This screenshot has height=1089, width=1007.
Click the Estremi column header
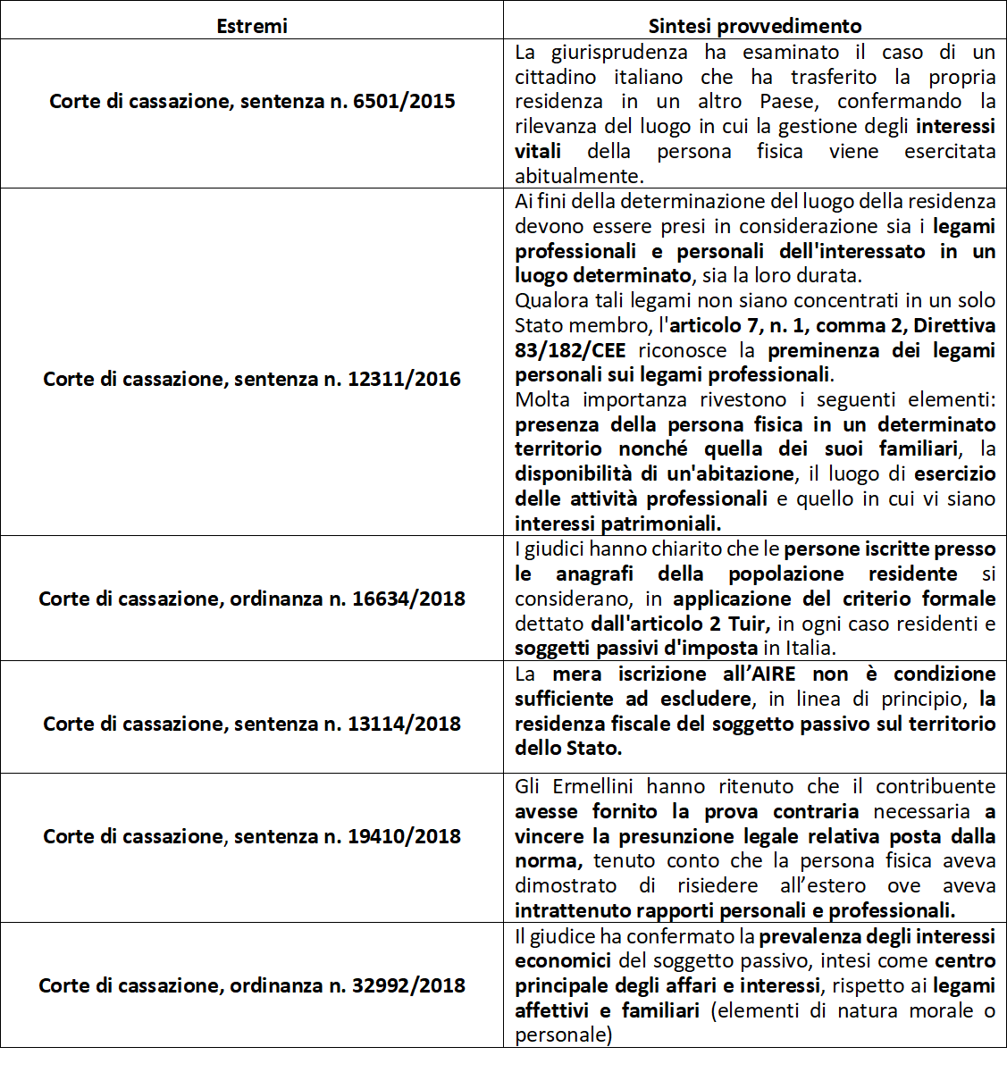pyautogui.click(x=252, y=26)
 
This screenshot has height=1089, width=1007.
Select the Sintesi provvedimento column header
pyautogui.click(x=755, y=26)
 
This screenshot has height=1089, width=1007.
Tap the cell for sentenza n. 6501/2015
pyautogui.click(x=252, y=101)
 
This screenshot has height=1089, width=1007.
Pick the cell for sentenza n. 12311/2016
pyautogui.click(x=252, y=379)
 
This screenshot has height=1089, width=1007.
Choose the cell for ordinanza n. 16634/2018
pyautogui.click(x=252, y=599)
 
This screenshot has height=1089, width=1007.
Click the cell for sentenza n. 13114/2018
pyautogui.click(x=252, y=724)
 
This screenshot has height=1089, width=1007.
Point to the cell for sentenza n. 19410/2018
pyautogui.click(x=252, y=836)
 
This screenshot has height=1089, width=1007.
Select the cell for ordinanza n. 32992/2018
pyautogui.click(x=252, y=985)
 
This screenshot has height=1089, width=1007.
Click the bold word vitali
pyautogui.click(x=538, y=151)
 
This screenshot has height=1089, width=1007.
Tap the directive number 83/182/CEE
pyautogui.click(x=570, y=350)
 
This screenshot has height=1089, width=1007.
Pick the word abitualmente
pyautogui.click(x=578, y=176)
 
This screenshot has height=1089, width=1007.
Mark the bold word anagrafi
pyautogui.click(x=594, y=574)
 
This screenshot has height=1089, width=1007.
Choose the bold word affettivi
pyautogui.click(x=550, y=1010)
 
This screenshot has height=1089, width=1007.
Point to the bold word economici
pyautogui.click(x=563, y=960)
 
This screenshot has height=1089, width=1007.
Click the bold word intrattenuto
pyautogui.click(x=573, y=910)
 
